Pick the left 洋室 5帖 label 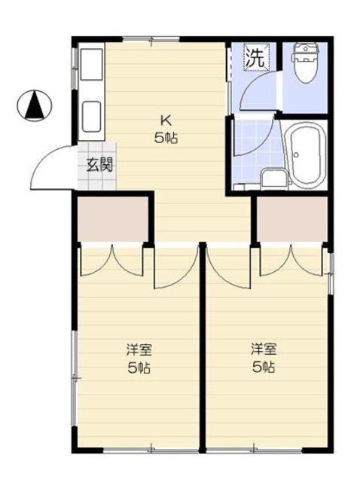click(x=137, y=359)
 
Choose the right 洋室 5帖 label click(x=263, y=359)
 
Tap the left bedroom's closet click(x=113, y=220)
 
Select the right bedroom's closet click(x=291, y=220)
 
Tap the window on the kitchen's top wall click(x=150, y=38)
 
